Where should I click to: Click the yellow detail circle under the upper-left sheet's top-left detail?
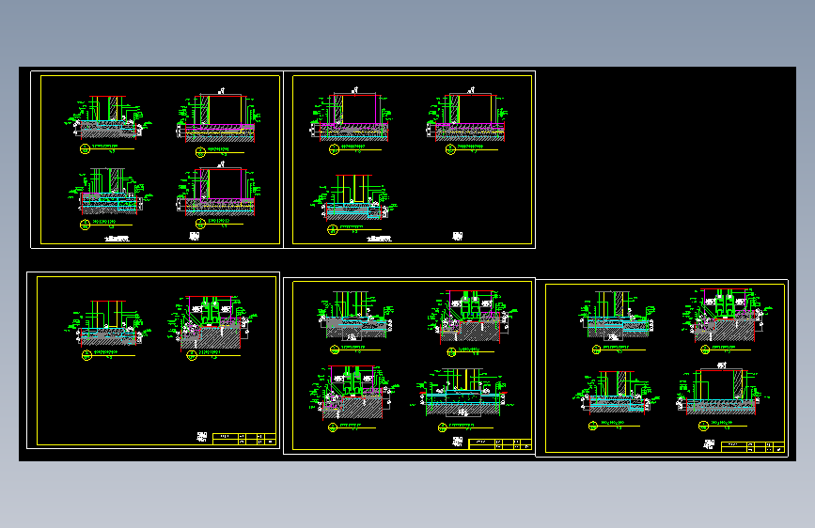pos(84,148)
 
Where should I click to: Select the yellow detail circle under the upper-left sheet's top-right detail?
pos(199,150)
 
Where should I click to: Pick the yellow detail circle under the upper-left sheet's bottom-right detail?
pos(199,223)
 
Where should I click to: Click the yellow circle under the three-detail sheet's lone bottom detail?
pos(332,228)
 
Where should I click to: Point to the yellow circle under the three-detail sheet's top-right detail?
pos(450,148)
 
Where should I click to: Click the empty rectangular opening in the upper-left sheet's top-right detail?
pos(226,110)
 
